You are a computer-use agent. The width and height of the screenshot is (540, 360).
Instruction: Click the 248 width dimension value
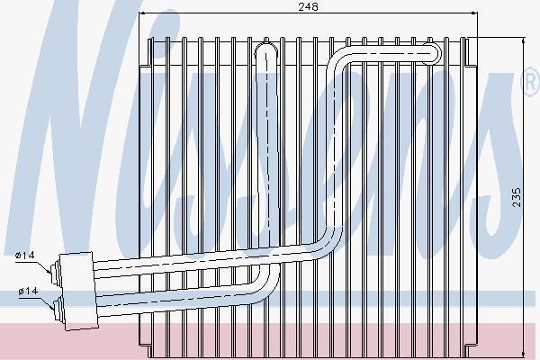[308, 6]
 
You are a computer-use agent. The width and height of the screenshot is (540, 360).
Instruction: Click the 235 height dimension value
[517, 197]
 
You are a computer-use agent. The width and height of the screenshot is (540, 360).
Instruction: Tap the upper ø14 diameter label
[25, 256]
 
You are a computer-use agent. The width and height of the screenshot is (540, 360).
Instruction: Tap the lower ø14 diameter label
[28, 292]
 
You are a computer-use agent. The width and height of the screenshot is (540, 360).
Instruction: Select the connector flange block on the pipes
[78, 291]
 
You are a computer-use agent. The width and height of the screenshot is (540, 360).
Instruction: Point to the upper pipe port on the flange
[55, 269]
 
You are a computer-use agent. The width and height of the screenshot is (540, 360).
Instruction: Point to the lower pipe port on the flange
[58, 306]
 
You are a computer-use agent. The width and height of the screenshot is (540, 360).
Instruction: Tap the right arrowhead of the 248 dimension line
[474, 13]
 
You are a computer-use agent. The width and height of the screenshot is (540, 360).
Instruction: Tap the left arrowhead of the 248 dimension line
[142, 13]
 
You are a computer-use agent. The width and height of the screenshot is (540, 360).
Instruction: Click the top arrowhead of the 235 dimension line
[524, 41]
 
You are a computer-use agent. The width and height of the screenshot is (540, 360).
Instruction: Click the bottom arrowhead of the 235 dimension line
[524, 354]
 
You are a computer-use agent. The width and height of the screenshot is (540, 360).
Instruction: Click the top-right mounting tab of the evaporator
[468, 51]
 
